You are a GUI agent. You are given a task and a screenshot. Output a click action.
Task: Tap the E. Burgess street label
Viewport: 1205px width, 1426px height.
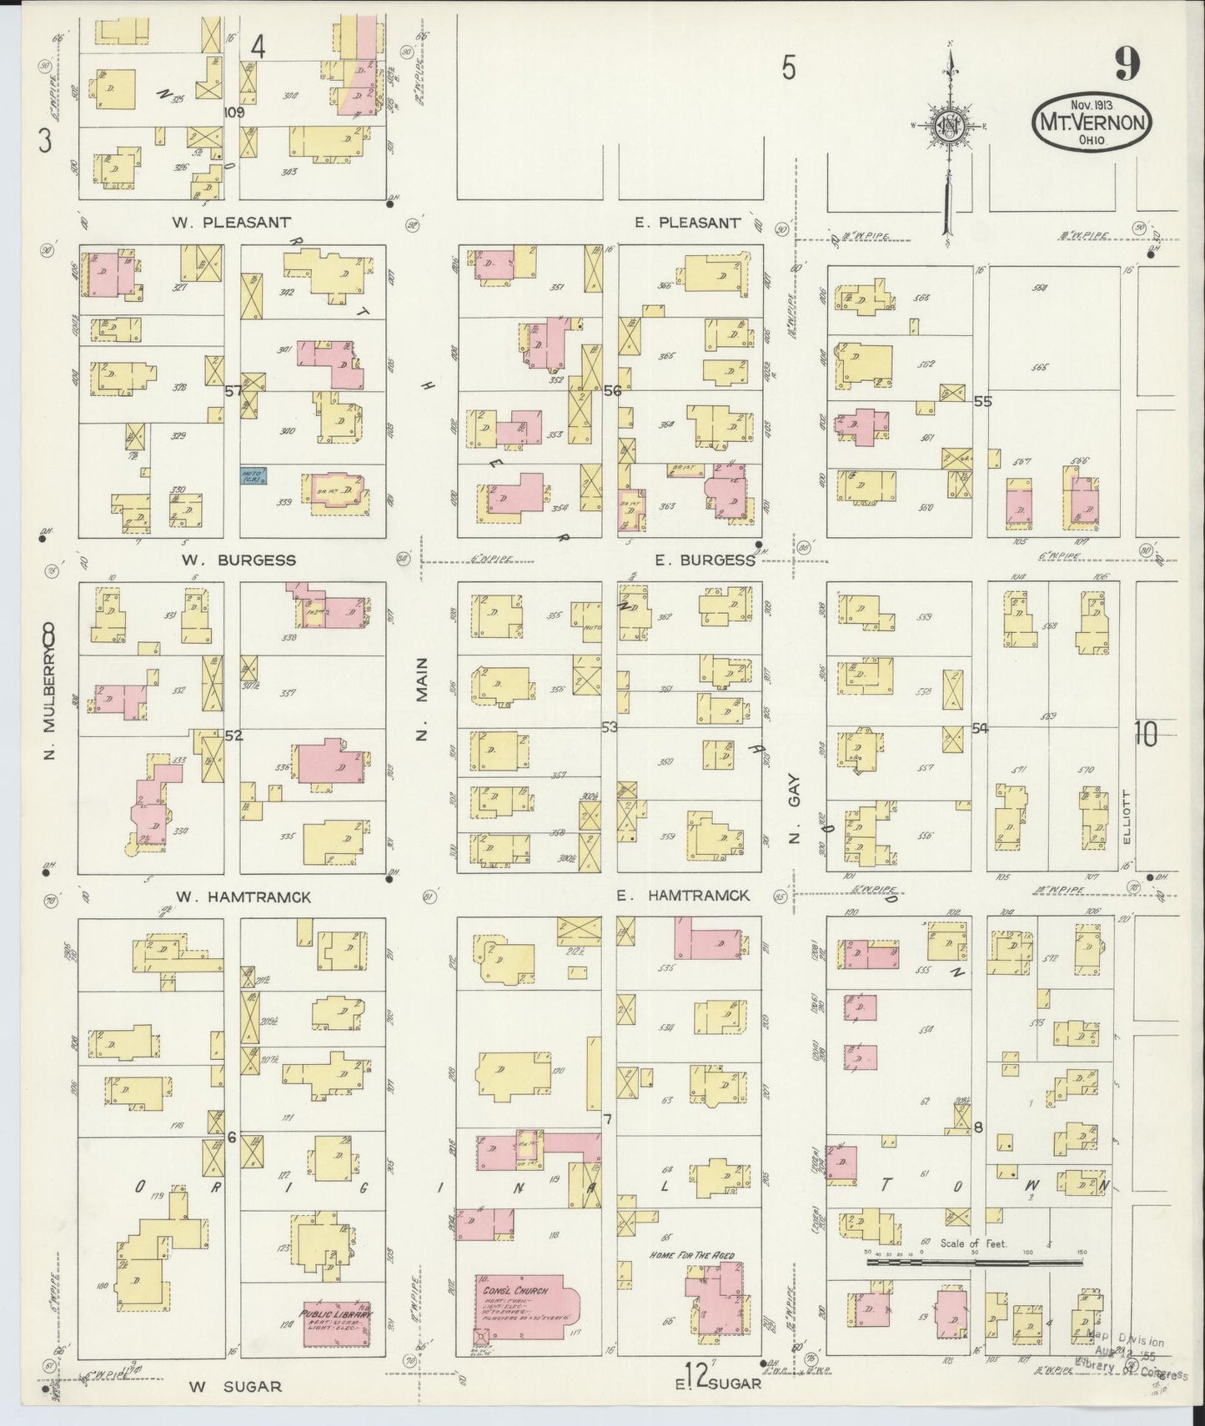pos(705,560)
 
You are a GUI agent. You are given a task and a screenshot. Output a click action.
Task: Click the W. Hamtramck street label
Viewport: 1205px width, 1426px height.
pos(244,897)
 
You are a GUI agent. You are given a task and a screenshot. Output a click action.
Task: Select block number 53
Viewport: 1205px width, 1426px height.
pos(610,727)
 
